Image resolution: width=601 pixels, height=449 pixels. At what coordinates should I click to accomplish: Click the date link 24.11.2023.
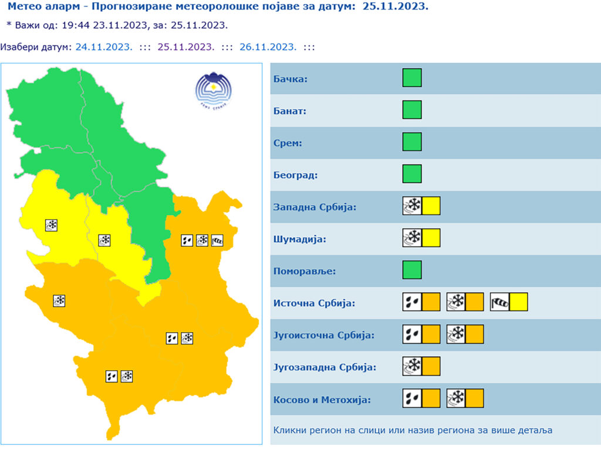pyautogui.click(x=104, y=47)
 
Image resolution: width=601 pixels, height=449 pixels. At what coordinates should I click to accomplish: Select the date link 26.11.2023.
pyautogui.click(x=268, y=47)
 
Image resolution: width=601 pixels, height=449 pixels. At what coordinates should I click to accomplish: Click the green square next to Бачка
pyautogui.click(x=412, y=78)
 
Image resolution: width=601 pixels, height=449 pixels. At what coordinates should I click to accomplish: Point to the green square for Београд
pyautogui.click(x=412, y=174)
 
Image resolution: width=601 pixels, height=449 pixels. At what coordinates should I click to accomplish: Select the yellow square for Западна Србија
pyautogui.click(x=431, y=206)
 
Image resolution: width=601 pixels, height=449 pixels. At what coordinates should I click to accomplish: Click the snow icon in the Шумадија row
pyautogui.click(x=412, y=238)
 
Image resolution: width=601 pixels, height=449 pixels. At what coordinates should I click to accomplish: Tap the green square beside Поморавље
pyautogui.click(x=412, y=270)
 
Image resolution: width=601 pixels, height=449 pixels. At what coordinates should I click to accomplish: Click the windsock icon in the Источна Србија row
pyautogui.click(x=499, y=302)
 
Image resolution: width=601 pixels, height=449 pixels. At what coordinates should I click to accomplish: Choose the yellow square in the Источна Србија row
pyautogui.click(x=518, y=302)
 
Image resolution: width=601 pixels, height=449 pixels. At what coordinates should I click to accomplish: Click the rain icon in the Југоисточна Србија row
pyautogui.click(x=412, y=334)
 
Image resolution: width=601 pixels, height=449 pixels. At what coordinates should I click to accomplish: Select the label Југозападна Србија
pyautogui.click(x=325, y=368)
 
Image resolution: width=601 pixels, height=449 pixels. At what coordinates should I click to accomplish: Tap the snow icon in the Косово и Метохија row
pyautogui.click(x=456, y=398)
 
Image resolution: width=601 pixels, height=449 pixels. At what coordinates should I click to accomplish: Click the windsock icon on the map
pyautogui.click(x=217, y=240)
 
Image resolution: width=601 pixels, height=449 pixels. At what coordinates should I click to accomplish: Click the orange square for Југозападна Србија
pyautogui.click(x=431, y=366)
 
